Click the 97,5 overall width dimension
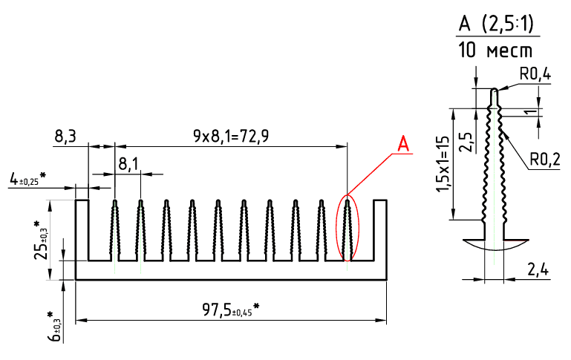coord(231,310)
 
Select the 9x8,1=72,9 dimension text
coord(231,136)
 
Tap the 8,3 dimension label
coord(65,137)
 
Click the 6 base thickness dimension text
coord(54,327)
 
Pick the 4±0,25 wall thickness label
coord(27,178)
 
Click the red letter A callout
coord(403,144)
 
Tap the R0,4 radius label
coord(535,75)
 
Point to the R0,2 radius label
coord(545,160)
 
